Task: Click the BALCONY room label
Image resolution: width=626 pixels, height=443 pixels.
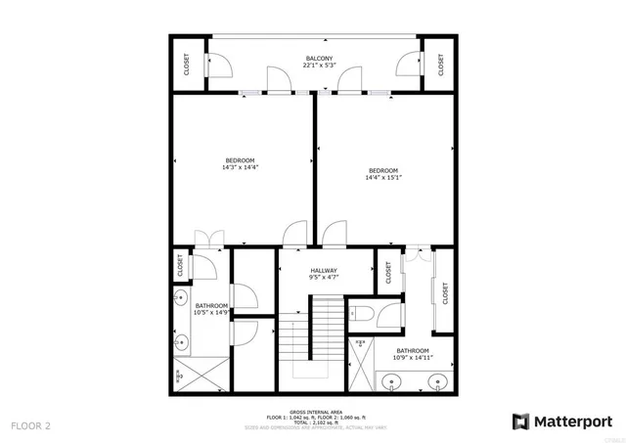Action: [319, 59]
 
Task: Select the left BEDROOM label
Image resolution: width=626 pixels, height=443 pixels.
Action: [240, 160]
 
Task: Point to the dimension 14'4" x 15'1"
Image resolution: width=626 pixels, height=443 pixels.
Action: [382, 177]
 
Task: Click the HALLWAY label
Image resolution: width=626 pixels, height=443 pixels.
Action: [324, 271]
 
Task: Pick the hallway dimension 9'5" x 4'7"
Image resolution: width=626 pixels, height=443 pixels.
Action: [324, 278]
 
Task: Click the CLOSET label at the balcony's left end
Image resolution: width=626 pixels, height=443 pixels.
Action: [187, 65]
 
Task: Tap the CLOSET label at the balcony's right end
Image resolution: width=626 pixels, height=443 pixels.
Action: [441, 65]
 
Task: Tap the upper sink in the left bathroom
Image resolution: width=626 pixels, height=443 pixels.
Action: [181, 298]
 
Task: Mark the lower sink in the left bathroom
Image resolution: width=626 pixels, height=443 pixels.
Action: [181, 341]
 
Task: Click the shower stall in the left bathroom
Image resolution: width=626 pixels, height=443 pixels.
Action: [201, 375]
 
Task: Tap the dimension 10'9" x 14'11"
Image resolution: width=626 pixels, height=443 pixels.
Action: [413, 355]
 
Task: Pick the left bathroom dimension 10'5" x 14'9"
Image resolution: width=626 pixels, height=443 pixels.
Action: [210, 310]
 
